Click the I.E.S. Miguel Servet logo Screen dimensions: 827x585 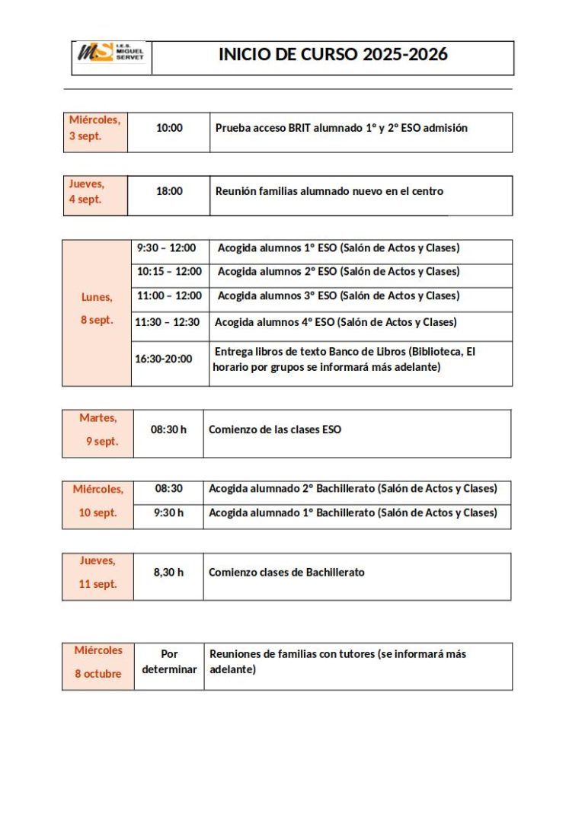pos(111,54)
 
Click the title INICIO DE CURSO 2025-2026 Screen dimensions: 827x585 pos(333,55)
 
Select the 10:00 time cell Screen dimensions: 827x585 pos(169,128)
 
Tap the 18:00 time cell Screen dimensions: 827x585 pos(169,191)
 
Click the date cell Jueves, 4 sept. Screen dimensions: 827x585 pos(87,192)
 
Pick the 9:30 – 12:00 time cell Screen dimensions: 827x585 pos(166,248)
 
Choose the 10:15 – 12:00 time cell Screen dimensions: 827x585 pos(169,272)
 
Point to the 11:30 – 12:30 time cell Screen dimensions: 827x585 pos(167,323)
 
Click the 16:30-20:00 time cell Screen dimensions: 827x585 pos(164,359)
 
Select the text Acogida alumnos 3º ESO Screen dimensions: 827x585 pos(277,295)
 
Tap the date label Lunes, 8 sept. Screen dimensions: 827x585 pos(97,308)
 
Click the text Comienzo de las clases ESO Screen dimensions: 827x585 pos(275,429)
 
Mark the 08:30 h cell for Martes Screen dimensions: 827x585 pos(168,429)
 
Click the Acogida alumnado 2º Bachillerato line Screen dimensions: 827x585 pos(353,489)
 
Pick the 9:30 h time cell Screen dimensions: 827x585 pos(168,512)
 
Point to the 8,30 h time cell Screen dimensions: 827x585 pos(168,573)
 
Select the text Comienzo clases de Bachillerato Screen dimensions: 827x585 pos(286,573)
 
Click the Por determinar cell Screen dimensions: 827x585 pos(169,662)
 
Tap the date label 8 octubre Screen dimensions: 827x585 pos(97,674)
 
